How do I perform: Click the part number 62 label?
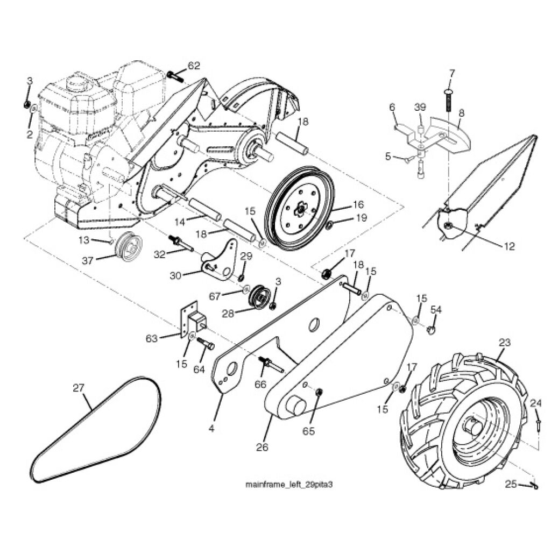(x=194, y=66)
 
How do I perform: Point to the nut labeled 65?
(x=318, y=392)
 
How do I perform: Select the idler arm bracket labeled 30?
(x=221, y=261)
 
